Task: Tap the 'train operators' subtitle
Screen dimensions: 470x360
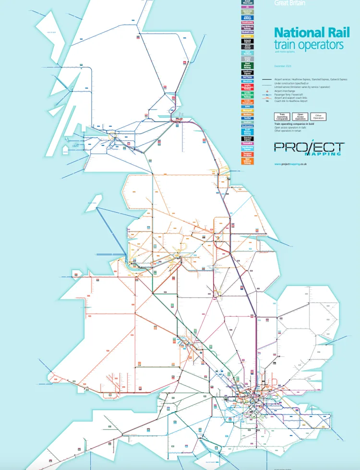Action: point(309,45)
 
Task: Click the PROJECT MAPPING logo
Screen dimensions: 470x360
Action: point(309,148)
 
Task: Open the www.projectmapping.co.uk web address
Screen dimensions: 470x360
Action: point(290,164)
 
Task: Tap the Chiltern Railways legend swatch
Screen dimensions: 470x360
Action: point(248,17)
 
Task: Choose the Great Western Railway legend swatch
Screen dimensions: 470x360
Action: point(248,66)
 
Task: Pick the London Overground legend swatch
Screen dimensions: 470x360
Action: point(248,102)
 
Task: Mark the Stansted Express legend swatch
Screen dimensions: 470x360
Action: point(248,138)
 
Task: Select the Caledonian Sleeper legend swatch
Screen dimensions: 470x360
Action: point(248,12)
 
